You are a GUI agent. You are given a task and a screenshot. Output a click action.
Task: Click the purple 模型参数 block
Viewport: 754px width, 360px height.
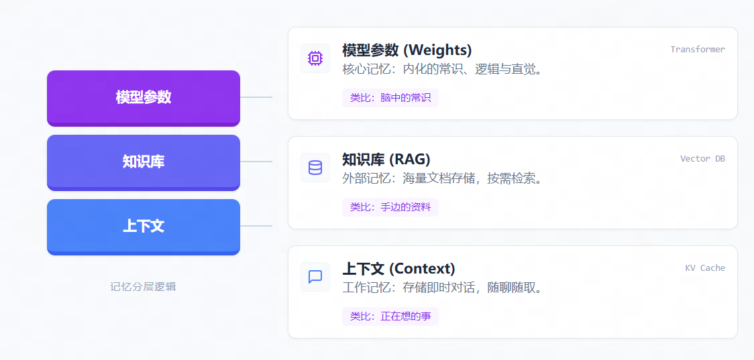[144, 99]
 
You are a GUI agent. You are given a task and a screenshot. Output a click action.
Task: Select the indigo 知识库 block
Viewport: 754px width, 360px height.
[144, 162]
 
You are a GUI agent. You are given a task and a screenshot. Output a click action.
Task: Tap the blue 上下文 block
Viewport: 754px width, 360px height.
[144, 227]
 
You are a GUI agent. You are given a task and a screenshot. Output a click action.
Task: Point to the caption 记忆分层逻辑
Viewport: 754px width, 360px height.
[143, 287]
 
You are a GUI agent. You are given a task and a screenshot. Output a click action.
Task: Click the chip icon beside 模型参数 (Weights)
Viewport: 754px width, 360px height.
[315, 58]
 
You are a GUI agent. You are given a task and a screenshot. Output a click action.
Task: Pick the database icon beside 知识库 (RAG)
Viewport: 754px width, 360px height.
[315, 168]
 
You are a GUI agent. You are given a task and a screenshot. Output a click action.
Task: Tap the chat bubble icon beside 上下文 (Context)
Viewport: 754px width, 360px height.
[315, 276]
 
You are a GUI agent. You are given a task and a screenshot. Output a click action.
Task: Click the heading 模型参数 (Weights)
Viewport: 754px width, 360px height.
[407, 50]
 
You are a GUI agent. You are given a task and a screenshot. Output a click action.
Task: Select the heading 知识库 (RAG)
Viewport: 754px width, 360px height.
[386, 159]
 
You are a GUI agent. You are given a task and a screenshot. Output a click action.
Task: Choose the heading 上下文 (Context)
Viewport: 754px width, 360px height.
[398, 268]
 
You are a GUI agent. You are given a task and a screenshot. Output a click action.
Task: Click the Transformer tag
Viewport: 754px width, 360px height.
[698, 49]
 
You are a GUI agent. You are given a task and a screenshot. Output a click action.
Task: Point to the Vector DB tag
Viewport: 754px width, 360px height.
[702, 159]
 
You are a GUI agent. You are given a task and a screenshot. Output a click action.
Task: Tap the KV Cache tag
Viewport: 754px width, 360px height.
[705, 267]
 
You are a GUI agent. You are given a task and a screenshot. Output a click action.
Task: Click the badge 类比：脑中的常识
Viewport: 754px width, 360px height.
[390, 98]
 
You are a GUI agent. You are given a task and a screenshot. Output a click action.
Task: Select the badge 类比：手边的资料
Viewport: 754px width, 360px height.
[390, 207]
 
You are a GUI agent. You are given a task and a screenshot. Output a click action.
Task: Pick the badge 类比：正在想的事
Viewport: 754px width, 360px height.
[390, 316]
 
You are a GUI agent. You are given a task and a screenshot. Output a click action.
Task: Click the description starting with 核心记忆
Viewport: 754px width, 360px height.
[442, 69]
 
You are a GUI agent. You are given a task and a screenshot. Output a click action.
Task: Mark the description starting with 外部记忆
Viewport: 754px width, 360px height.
[442, 179]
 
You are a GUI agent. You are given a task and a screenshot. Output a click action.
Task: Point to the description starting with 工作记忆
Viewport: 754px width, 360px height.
[442, 288]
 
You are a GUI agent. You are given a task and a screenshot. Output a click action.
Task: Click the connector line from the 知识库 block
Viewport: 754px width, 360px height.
[256, 162]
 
